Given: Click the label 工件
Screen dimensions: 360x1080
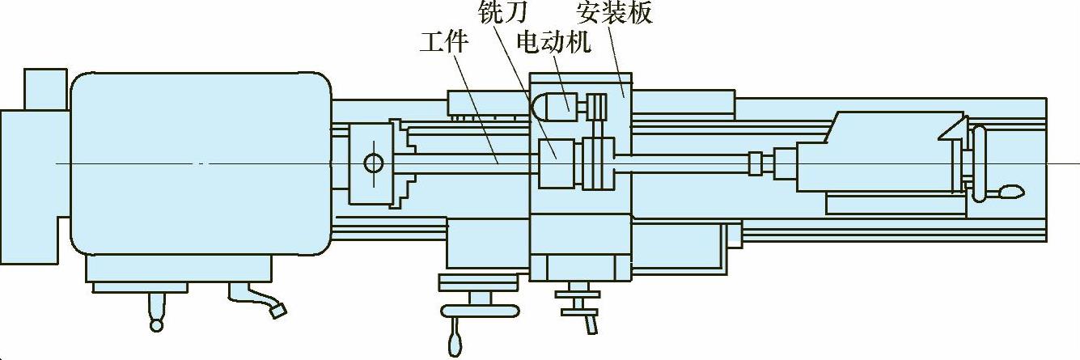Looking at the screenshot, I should (443, 41).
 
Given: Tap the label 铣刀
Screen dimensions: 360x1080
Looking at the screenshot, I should (503, 13).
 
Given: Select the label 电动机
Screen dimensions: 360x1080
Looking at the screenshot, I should (553, 41).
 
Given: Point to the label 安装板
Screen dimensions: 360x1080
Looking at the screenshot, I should (614, 13).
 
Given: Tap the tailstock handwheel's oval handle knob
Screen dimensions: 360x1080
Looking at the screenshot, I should (1010, 192).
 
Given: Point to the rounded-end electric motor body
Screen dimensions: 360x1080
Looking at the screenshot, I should (553, 103).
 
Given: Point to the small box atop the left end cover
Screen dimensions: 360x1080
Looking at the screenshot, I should (44, 89).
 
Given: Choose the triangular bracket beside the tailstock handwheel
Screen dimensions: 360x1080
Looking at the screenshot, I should (951, 130).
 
